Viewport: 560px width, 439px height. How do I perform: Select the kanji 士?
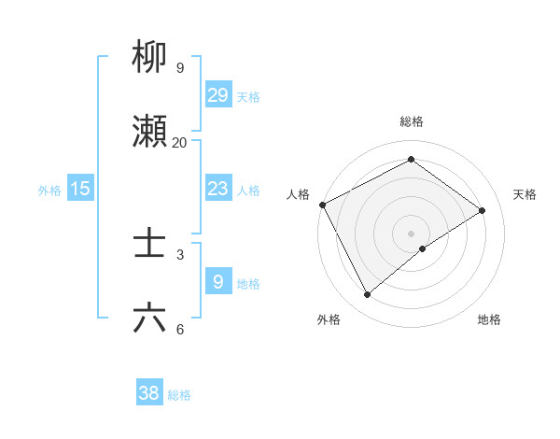149,246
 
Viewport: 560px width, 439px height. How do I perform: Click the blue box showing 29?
217,94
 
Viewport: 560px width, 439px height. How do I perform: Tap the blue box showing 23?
217,189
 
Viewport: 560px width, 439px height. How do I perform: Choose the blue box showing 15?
80,189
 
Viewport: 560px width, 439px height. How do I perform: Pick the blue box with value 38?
149,393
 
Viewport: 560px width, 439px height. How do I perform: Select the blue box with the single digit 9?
217,281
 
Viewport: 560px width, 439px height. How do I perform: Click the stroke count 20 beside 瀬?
179,143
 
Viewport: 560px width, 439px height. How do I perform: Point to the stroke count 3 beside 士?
179,254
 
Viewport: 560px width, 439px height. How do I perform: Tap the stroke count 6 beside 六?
179,329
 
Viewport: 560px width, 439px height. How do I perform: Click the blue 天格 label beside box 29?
248,96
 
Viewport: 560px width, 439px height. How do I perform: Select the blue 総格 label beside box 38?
179,395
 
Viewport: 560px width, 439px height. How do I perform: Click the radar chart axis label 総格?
411,121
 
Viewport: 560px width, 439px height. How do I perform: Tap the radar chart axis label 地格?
489,319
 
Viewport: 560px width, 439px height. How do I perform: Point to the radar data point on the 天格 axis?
483,210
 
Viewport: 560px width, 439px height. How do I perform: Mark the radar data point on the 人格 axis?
323,205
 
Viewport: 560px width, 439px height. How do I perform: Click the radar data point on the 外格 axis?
367,295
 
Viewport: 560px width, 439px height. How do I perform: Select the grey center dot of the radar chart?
412,233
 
